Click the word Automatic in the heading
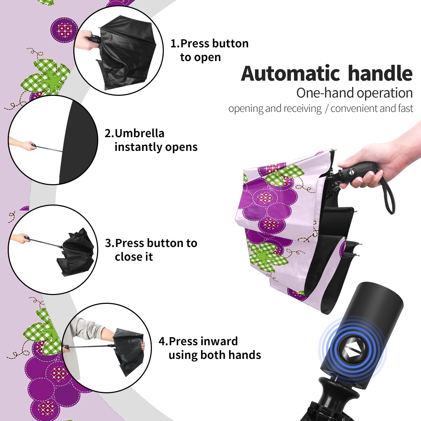click(x=290, y=73)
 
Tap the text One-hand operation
click(x=354, y=93)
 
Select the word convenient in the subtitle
click(x=354, y=108)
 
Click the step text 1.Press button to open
click(x=209, y=50)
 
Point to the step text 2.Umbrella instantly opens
click(x=151, y=140)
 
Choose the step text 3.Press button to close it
click(x=151, y=250)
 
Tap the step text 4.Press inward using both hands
click(x=210, y=348)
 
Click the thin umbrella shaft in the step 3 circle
click(x=45, y=242)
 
